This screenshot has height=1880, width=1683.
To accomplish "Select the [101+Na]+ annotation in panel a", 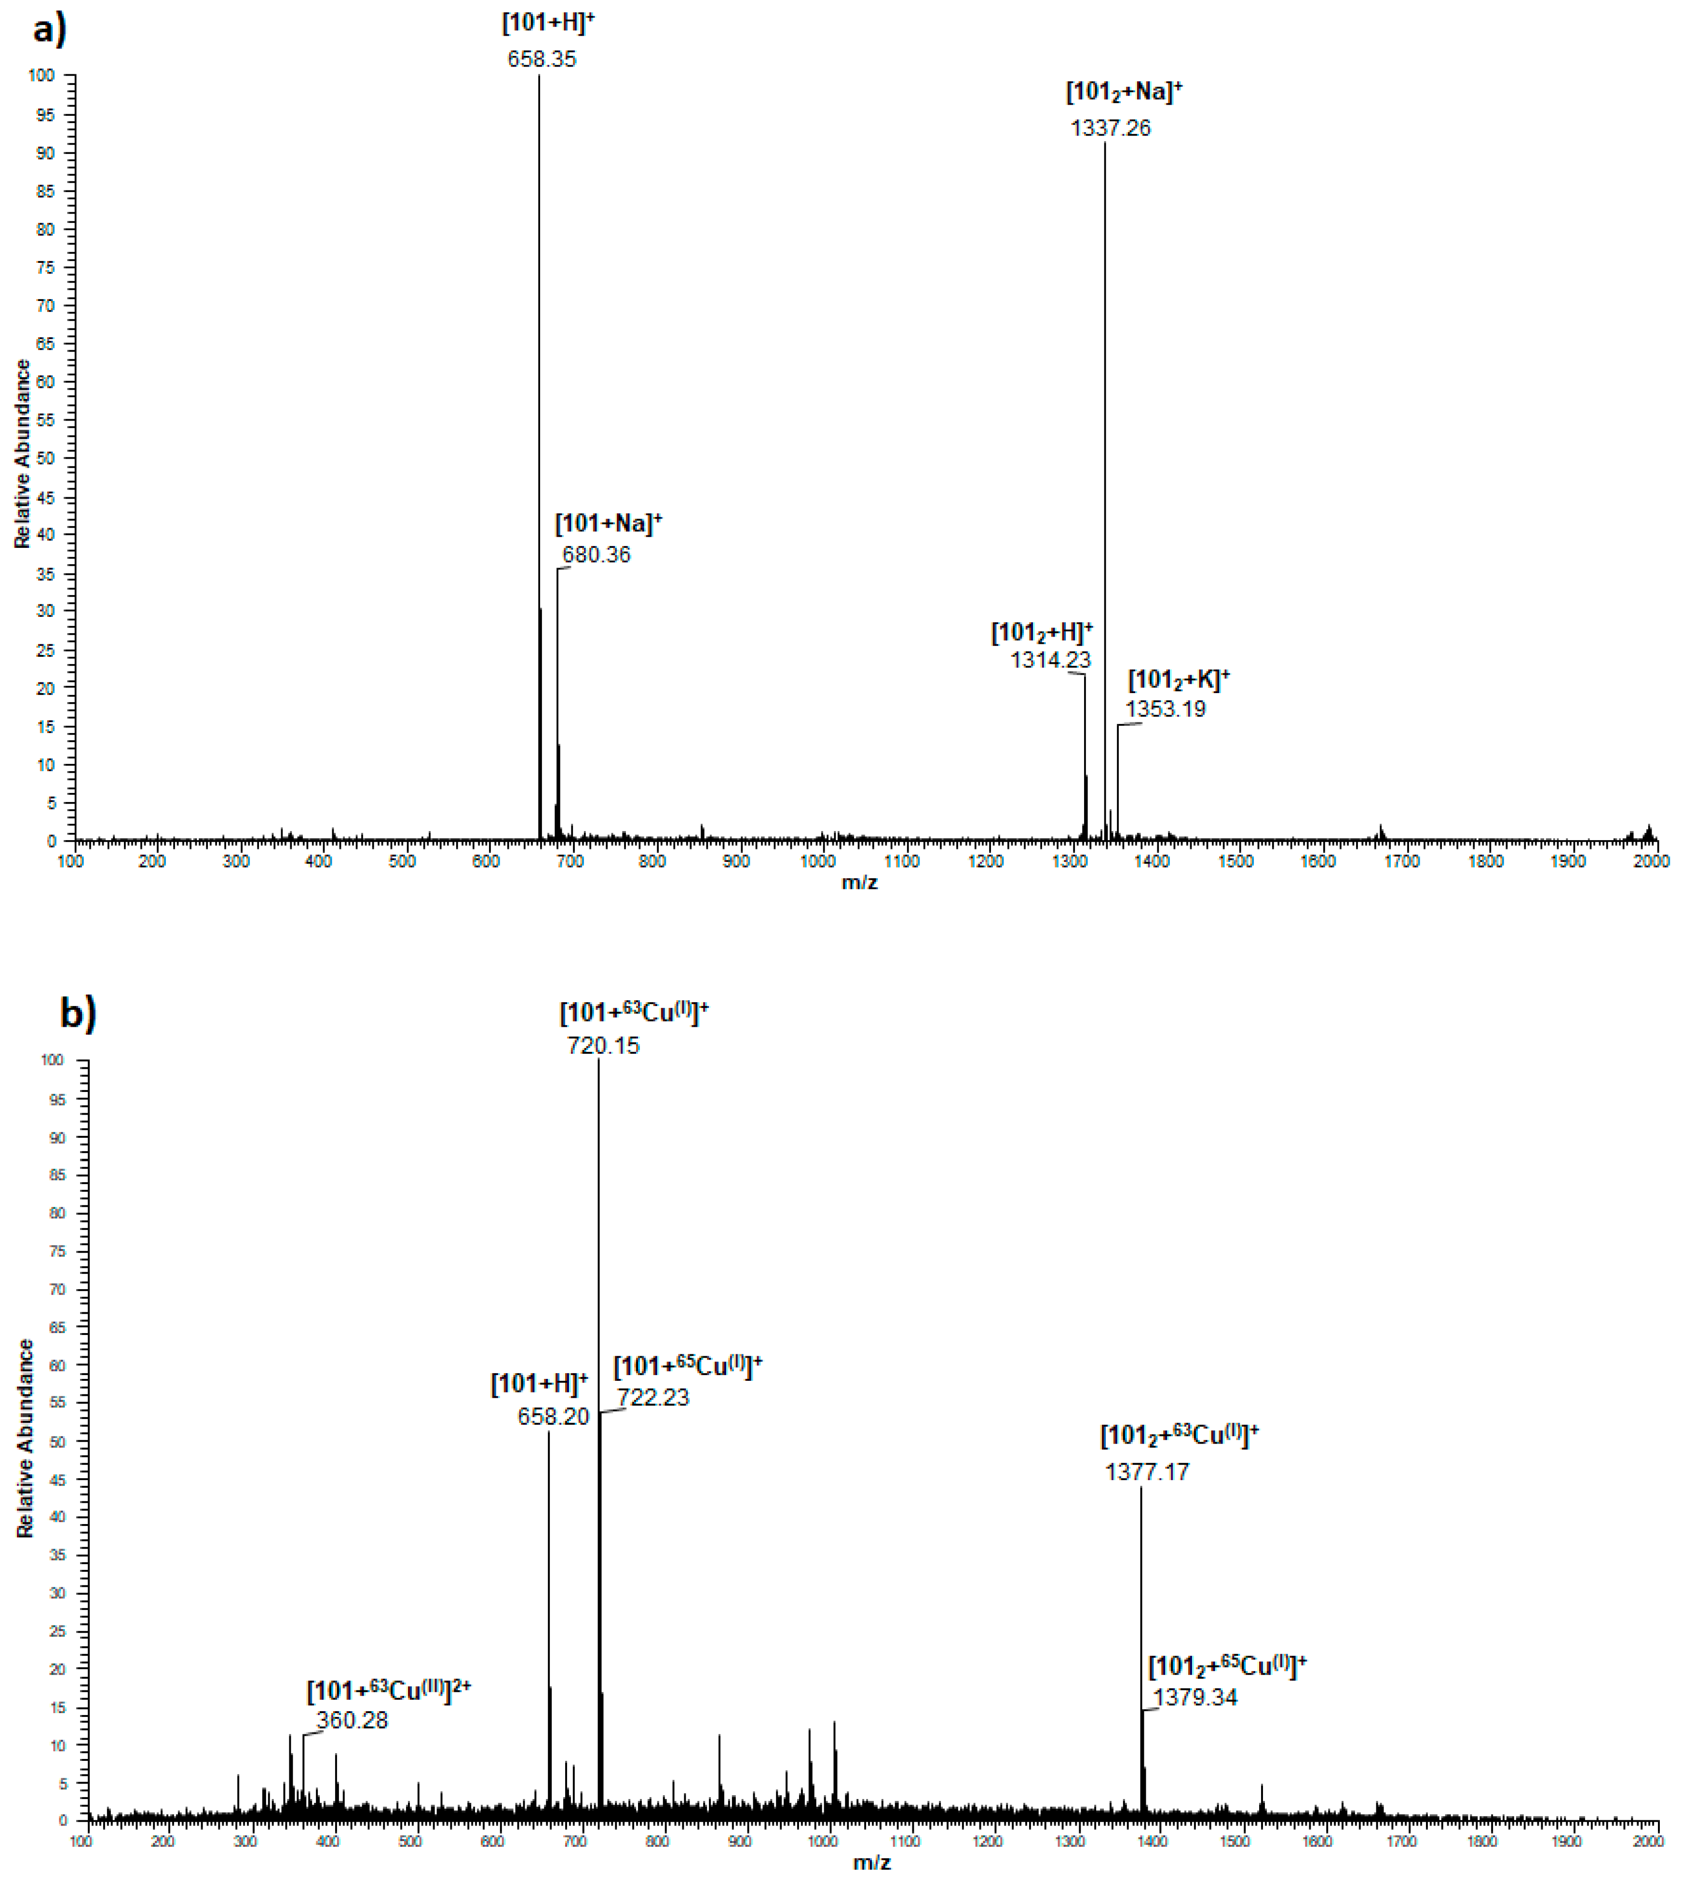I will point(608,523).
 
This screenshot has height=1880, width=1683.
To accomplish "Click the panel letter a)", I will point(49,29).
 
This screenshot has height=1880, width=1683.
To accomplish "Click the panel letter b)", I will point(78,1013).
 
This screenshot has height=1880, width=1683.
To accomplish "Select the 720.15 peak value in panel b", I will point(603,1046).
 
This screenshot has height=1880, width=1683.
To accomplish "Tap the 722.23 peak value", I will point(653,1397).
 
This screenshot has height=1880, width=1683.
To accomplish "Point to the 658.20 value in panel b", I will point(553,1417).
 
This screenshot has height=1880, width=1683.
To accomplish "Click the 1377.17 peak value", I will point(1147,1472).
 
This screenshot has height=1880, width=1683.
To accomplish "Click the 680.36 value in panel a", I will point(597,555).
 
